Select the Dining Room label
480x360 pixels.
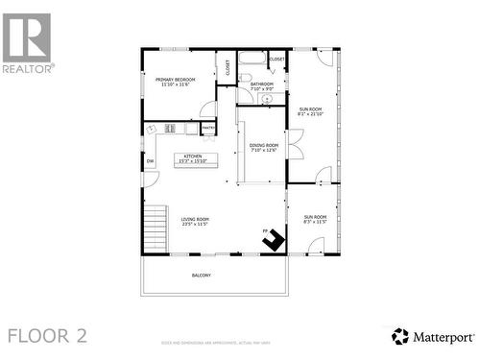pyautogui.click(x=263, y=147)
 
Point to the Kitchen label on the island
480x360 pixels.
pyautogui.click(x=195, y=159)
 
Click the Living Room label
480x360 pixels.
pyautogui.click(x=195, y=222)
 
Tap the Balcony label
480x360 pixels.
pyautogui.click(x=201, y=276)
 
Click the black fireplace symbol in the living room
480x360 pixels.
pyautogui.click(x=275, y=240)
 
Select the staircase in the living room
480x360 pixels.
pyautogui.click(x=155, y=227)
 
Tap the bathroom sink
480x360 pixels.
pyautogui.click(x=267, y=98)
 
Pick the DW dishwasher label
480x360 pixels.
pyautogui.click(x=150, y=161)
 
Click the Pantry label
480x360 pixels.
pyautogui.click(x=207, y=127)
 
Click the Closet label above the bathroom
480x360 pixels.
pyautogui.click(x=277, y=60)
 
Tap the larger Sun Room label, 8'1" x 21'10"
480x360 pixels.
pyautogui.click(x=310, y=111)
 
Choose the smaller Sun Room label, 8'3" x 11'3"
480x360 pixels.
pyautogui.click(x=315, y=220)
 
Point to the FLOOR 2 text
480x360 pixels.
pyautogui.click(x=47, y=335)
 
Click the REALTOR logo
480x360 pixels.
pyautogui.click(x=28, y=43)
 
